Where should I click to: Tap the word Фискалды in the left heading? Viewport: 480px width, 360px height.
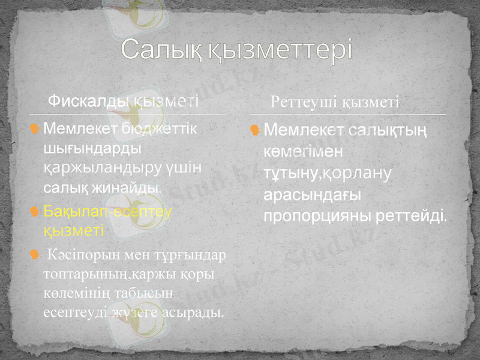[x=86, y=100]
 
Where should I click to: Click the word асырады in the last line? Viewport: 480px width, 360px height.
[x=196, y=312]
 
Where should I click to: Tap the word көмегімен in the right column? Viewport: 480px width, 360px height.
[x=301, y=150]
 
